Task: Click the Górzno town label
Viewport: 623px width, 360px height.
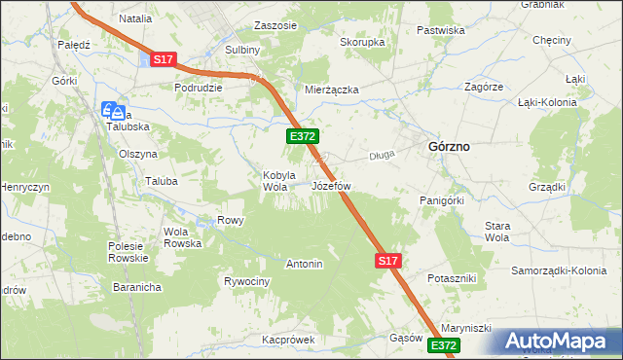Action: (449, 146)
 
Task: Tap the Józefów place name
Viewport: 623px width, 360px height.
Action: (331, 185)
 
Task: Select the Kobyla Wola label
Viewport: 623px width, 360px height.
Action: (276, 181)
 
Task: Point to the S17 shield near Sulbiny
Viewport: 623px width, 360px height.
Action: (163, 60)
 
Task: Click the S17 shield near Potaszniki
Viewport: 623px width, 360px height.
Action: (387, 261)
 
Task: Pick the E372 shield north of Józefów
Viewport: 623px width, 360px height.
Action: (300, 138)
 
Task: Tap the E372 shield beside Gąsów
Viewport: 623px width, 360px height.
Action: (443, 345)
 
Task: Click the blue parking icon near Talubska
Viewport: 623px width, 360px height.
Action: (111, 110)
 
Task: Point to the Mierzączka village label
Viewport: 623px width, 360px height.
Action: (332, 90)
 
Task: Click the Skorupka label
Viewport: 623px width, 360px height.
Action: (362, 43)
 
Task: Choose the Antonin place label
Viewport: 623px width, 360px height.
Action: (304, 264)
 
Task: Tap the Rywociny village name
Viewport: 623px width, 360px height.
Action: (246, 281)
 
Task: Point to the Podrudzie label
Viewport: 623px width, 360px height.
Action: (199, 87)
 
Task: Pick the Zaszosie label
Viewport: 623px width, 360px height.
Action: (275, 25)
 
